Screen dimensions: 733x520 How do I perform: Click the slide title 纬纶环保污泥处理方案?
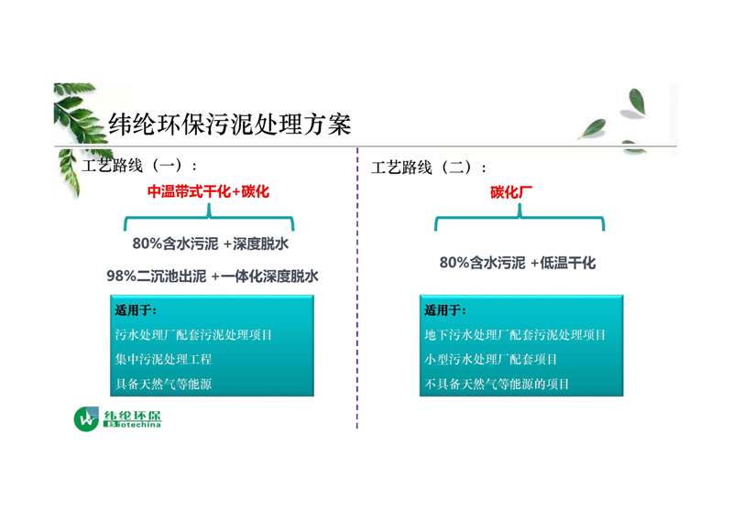coord(230,125)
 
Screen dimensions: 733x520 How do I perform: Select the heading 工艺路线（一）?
coord(139,166)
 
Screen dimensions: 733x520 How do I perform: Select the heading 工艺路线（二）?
coord(429,168)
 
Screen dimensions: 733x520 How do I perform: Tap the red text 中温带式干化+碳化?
coord(208,191)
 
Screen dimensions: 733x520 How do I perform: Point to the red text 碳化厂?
coord(511,192)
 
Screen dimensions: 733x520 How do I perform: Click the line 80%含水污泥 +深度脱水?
coord(211,244)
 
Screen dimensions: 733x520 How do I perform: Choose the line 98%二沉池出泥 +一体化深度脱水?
coord(213,276)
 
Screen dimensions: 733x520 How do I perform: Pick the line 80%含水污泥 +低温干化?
coord(518,263)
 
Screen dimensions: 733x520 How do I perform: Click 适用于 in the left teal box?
coord(136,310)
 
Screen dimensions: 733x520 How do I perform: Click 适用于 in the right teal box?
coord(445,310)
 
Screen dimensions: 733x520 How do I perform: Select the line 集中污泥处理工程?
coord(163,359)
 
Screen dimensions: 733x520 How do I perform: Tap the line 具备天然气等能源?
coord(163,384)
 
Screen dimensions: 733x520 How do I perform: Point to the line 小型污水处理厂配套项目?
coord(491,359)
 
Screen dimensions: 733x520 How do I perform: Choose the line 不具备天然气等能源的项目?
coord(497,384)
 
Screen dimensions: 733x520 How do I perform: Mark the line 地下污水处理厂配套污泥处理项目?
coord(515,334)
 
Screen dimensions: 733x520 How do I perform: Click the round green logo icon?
coord(86,419)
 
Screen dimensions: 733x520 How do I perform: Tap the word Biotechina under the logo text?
coord(132,424)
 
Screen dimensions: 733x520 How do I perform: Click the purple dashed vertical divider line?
coord(357,287)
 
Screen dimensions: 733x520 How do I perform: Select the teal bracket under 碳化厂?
coord(520,216)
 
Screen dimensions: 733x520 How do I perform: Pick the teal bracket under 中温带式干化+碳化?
coord(209,216)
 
